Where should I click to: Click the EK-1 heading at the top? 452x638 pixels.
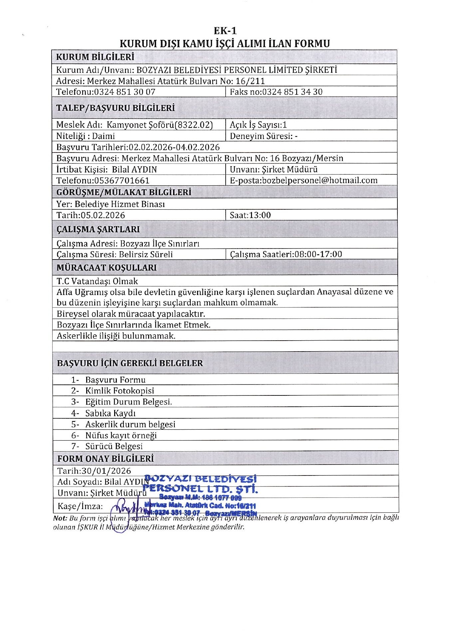pyautogui.click(x=225, y=31)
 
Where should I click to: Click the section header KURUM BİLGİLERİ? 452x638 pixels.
pyautogui.click(x=95, y=57)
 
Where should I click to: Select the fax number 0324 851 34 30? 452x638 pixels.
pyautogui.click(x=292, y=92)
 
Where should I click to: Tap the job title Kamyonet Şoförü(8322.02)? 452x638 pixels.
pyautogui.click(x=159, y=125)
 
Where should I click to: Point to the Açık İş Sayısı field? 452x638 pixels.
pyautogui.click(x=258, y=125)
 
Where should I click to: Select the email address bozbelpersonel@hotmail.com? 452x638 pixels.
pyautogui.click(x=320, y=180)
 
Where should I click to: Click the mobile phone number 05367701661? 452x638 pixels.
pyautogui.click(x=122, y=181)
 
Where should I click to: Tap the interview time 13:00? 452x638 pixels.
pyautogui.click(x=260, y=215)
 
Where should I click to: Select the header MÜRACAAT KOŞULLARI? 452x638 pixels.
pyautogui.click(x=107, y=268)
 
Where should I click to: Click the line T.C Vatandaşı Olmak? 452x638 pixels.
pyautogui.click(x=97, y=281)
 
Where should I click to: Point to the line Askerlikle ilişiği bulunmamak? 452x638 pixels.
pyautogui.click(x=116, y=336)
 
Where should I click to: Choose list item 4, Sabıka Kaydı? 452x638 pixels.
pyautogui.click(x=110, y=413)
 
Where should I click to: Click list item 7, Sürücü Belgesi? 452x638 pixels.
pyautogui.click(x=114, y=446)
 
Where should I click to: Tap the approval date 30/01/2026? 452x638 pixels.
pyautogui.click(x=106, y=471)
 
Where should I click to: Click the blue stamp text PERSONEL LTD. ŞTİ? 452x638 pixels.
pyautogui.click(x=200, y=489)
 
